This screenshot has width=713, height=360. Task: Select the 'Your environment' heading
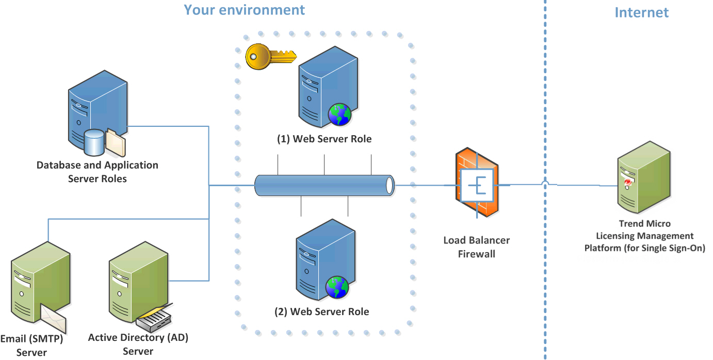coord(244,10)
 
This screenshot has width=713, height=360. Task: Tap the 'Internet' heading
coord(641,13)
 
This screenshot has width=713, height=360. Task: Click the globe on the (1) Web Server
coord(339,114)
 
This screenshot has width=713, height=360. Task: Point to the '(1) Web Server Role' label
coord(325,139)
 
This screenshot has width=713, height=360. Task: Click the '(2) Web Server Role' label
coord(322,312)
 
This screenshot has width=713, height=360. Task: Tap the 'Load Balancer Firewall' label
coord(476,247)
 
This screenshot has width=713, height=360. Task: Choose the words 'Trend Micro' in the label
coord(644,224)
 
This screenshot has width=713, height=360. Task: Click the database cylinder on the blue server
coord(94,142)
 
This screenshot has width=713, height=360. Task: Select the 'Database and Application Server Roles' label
coord(97,172)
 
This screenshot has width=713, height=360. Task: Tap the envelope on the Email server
coord(54,318)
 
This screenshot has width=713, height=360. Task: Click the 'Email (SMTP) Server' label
coord(31,346)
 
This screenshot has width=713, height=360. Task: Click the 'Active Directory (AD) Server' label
coord(138,345)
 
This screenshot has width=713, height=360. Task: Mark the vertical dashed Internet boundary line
coord(545,103)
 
